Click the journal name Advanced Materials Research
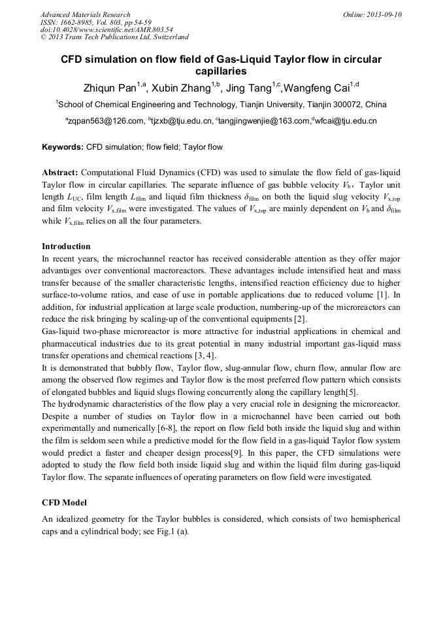coord(85,14)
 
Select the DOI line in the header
coord(107,29)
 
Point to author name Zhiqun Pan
coord(108,88)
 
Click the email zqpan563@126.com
coord(105,121)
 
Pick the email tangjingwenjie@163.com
coord(264,121)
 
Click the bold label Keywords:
coord(63,148)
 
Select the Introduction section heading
coord(66,246)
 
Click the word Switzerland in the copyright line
coord(168,37)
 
